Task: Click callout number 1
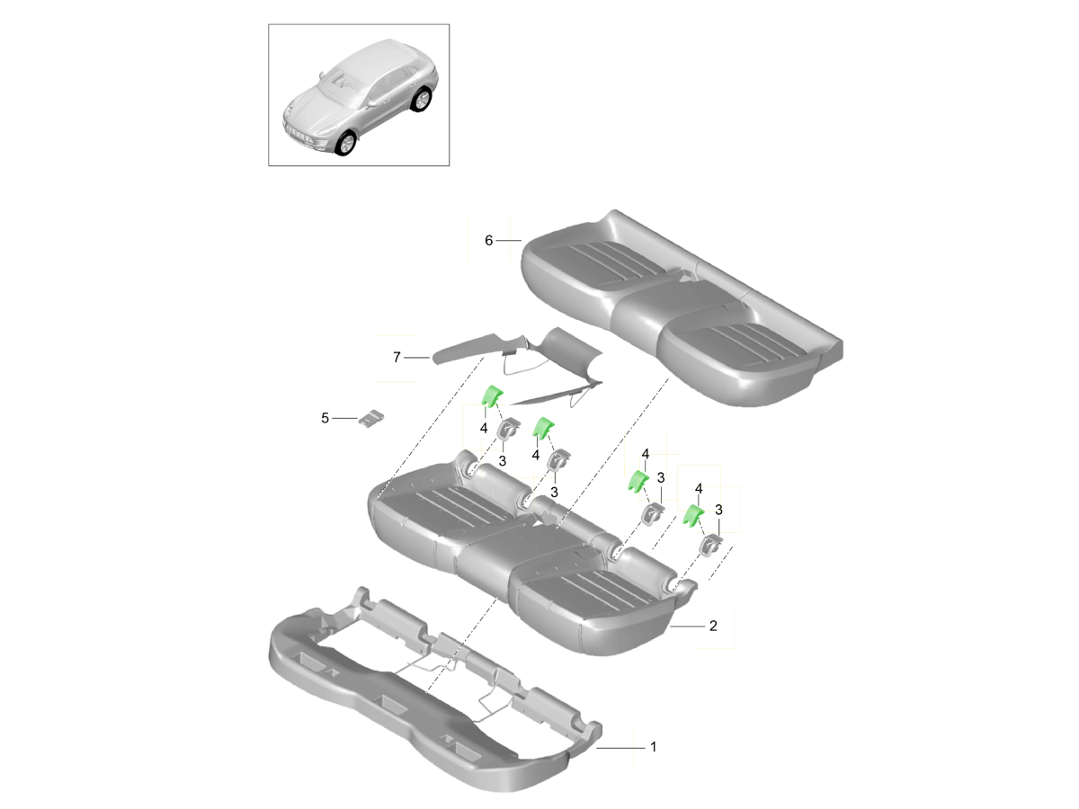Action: click(x=654, y=747)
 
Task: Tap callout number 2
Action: click(x=713, y=626)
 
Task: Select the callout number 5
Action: click(x=325, y=418)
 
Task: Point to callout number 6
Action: click(x=488, y=240)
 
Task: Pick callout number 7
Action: click(x=397, y=357)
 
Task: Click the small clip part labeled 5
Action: click(x=371, y=416)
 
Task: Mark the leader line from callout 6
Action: click(x=508, y=241)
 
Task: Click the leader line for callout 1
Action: click(x=620, y=748)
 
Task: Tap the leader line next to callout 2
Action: click(x=687, y=627)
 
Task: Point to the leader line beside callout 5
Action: click(x=344, y=419)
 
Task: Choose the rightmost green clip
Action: click(x=693, y=516)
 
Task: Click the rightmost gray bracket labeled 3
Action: click(x=710, y=547)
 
